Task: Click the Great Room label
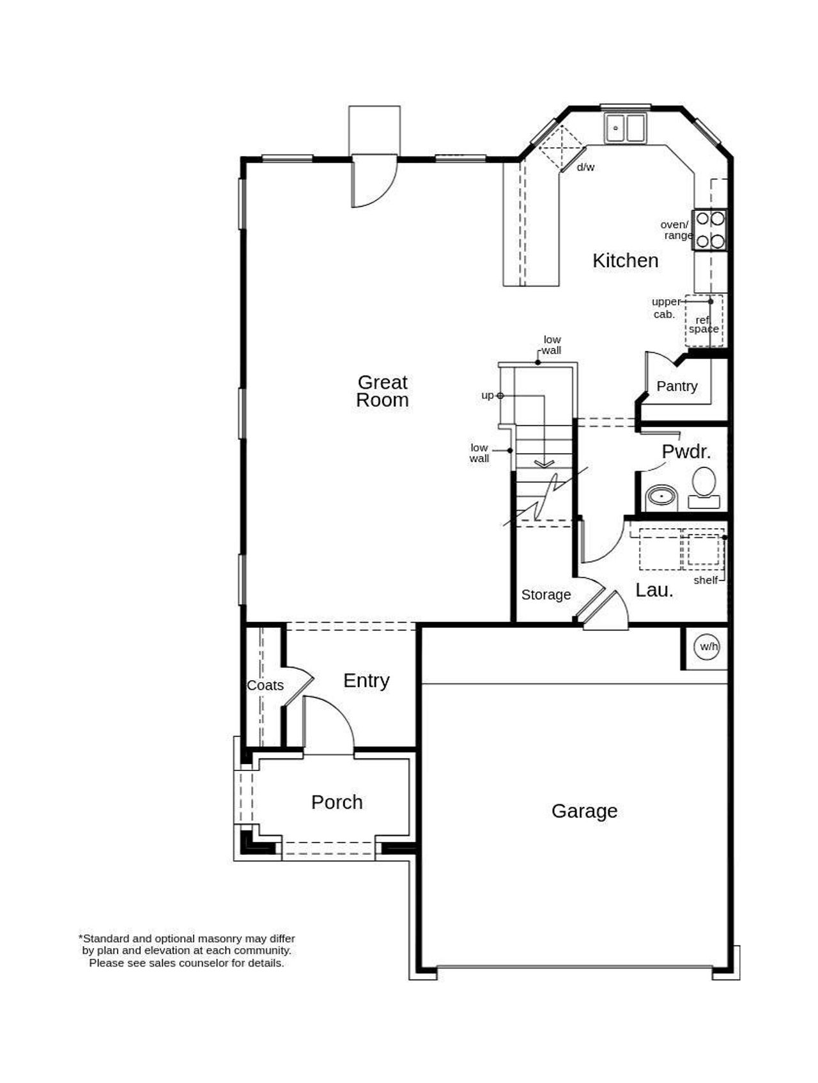382,391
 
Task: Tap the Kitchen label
625,261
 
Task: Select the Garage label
584,811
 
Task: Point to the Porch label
337,802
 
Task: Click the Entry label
366,681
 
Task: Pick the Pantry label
677,386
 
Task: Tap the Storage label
546,595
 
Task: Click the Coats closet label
265,685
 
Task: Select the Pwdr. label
686,452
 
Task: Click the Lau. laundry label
654,591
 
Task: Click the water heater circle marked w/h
709,647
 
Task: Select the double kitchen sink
625,128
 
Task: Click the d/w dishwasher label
585,168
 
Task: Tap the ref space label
704,325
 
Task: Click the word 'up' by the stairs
488,396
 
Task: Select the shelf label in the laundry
706,580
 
